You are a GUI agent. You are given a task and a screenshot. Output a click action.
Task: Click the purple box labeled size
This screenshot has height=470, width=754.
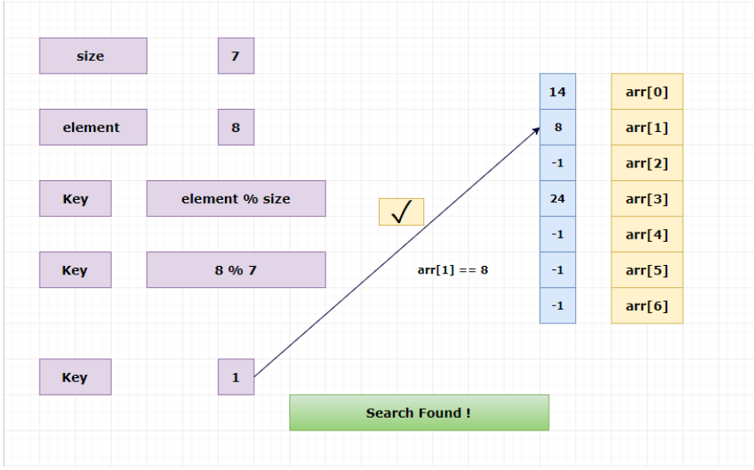tap(93, 56)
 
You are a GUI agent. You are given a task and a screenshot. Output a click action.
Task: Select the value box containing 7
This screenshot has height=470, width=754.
tap(235, 56)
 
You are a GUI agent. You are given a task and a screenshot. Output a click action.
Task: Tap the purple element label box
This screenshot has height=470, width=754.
tap(93, 127)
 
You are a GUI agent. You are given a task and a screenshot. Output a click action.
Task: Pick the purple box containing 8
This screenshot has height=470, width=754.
tap(235, 127)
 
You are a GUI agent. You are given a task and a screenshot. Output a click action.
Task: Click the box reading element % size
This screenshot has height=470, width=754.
tap(235, 198)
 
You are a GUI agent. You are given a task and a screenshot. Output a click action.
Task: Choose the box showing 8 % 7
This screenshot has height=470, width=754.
tap(235, 269)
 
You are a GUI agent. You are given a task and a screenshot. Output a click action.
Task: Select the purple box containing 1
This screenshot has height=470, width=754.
tap(235, 377)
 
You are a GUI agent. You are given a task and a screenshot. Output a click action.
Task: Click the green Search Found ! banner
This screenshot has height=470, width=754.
tap(418, 413)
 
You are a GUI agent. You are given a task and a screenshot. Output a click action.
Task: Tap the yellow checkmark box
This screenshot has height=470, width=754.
tap(401, 211)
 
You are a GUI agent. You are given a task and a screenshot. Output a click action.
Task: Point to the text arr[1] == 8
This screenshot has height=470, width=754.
tap(453, 269)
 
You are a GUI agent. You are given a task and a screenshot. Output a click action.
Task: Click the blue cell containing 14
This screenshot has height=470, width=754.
tap(557, 92)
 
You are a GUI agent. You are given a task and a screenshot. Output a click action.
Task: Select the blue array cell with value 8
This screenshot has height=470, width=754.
tap(557, 127)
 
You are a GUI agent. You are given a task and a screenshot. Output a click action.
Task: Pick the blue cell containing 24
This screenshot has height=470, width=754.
tap(557, 198)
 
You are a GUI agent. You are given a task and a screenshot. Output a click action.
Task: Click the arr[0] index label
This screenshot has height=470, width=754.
tap(647, 92)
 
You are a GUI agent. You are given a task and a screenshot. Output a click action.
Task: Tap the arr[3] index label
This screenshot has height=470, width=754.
tap(647, 198)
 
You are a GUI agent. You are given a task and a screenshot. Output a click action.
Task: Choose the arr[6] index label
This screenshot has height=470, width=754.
tap(647, 305)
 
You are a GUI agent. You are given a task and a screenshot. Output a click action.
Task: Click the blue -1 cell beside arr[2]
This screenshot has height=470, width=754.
tap(557, 163)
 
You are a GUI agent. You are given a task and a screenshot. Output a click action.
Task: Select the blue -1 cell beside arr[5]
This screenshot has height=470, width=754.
tap(557, 269)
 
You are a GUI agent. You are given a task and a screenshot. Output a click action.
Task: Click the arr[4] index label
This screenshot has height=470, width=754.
tap(647, 234)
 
